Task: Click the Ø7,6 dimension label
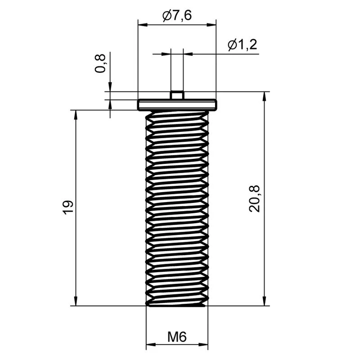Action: click(177, 16)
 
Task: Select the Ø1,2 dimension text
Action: click(243, 45)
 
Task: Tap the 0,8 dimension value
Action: click(100, 63)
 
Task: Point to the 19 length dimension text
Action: click(68, 207)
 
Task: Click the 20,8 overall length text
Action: click(254, 198)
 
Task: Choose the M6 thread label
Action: click(177, 337)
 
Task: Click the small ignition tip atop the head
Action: click(177, 95)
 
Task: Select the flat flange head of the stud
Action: click(177, 105)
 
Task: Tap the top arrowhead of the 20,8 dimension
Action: click(265, 96)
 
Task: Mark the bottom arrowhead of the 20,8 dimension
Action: click(265, 301)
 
